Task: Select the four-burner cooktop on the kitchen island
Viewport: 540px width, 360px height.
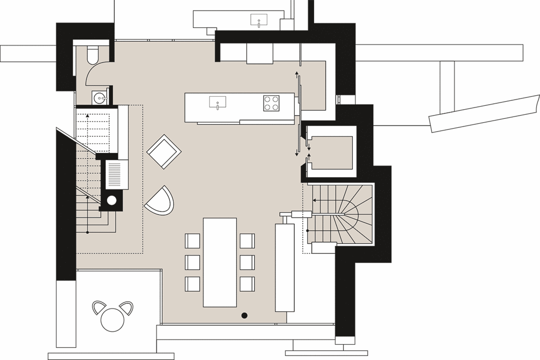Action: click(271, 103)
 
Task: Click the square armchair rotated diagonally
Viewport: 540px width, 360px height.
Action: click(164, 151)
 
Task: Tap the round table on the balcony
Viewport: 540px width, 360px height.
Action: click(112, 319)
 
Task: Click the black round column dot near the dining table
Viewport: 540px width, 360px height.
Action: click(244, 315)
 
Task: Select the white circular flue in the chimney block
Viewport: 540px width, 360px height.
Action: click(112, 201)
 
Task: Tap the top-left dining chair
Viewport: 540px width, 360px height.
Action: click(193, 241)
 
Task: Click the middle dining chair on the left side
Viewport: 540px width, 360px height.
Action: click(193, 262)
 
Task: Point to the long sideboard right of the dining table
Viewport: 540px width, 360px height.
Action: click(284, 267)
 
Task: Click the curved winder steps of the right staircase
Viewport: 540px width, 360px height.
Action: click(351, 214)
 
